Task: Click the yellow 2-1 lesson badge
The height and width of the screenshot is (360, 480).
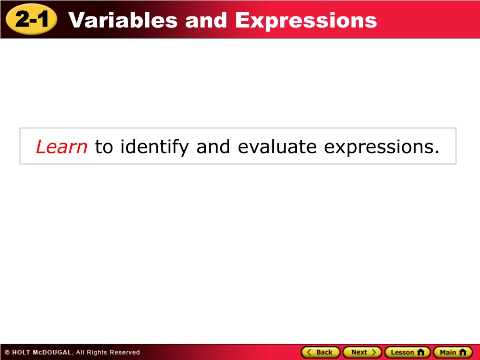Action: pos(31,19)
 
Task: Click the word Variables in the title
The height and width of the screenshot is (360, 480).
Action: pos(123,20)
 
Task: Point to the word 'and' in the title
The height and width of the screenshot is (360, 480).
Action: pos(206,20)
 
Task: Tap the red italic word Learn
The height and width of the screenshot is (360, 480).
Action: pos(61,147)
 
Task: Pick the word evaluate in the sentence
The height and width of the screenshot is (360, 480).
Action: pos(277,147)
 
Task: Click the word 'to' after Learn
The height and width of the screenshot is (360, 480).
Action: pos(104,147)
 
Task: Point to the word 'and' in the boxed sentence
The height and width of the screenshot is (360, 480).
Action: pos(213,147)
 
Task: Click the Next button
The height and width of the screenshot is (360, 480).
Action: pos(362,352)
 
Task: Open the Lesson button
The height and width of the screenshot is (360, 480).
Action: pos(407,352)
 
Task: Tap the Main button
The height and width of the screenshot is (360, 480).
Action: pos(453,352)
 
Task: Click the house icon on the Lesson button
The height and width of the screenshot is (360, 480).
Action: pos(421,352)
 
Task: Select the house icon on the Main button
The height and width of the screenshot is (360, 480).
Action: pos(463,352)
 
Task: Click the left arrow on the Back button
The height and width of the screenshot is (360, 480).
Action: pos(309,352)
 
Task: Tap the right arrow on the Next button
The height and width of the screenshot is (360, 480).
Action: pos(374,352)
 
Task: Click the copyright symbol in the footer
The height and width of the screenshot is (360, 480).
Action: pos(7,352)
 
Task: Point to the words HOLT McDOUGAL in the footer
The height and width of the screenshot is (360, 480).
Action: pos(42,352)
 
